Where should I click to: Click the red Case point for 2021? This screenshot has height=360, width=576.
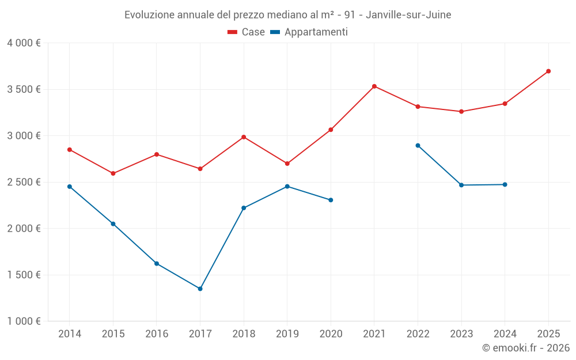coord(374,86)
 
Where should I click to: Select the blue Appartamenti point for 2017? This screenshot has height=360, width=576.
coord(200,289)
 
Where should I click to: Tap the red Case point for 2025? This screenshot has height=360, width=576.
coord(548,71)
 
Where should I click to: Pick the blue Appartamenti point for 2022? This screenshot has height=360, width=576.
coord(418,146)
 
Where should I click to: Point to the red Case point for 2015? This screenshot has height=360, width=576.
coord(113,173)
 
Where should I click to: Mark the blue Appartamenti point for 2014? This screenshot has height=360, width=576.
coord(70,187)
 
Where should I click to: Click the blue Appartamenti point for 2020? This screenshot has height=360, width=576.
coord(331,200)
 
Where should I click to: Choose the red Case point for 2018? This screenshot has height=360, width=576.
coord(244,137)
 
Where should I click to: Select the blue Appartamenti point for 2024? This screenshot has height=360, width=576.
coord(505,185)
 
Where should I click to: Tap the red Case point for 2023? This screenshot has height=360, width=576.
coord(461,112)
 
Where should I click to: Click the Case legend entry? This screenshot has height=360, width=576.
coord(247,32)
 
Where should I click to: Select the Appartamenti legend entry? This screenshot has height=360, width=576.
coord(309,32)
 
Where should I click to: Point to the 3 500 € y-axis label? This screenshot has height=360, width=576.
coord(24,89)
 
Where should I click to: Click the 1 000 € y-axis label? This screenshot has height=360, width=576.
coord(24,321)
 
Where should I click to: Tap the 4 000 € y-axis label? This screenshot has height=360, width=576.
coord(24,43)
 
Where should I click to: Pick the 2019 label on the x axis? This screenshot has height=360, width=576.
coord(287,334)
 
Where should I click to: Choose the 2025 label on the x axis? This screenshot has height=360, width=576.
coord(548,334)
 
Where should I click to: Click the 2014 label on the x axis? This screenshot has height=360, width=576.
coord(70,334)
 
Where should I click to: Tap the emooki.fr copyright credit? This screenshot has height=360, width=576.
coord(526,348)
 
